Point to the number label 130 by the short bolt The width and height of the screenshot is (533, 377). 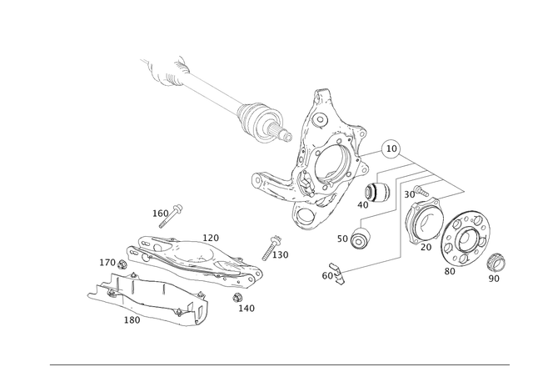282,252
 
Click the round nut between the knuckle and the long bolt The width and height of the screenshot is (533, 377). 361,239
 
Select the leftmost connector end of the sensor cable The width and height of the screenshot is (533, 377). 145,61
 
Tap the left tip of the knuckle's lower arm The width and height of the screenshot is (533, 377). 257,178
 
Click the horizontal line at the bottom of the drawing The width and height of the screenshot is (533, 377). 279,365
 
